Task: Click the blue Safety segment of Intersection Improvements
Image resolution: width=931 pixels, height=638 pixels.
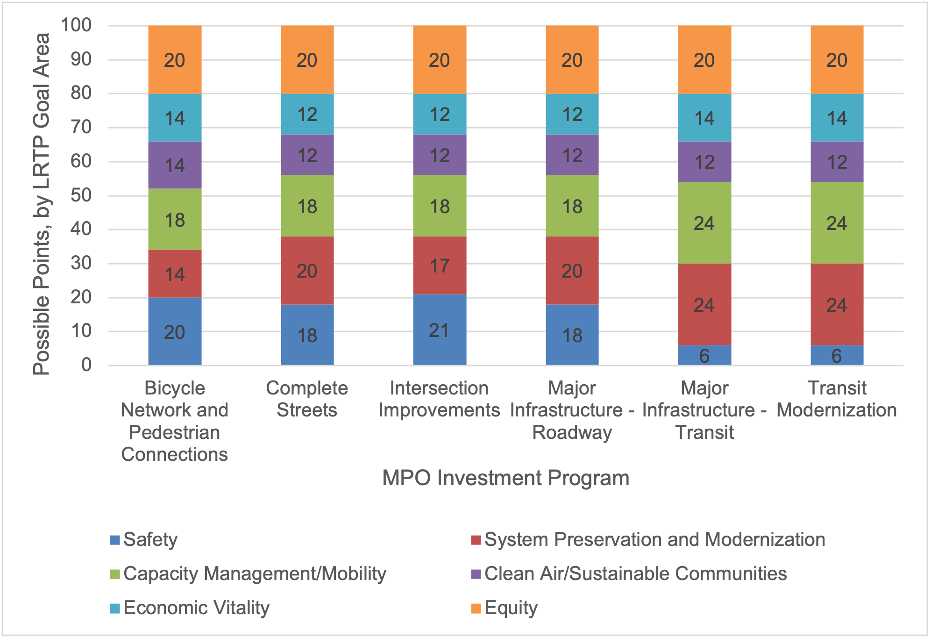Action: click(440, 330)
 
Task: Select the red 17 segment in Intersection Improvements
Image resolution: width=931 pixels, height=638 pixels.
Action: click(440, 265)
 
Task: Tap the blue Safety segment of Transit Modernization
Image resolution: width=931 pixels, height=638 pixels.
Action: click(837, 355)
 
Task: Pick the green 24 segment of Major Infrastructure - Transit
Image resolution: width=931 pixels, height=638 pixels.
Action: click(704, 223)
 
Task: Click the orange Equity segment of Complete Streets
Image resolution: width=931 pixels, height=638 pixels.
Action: click(307, 60)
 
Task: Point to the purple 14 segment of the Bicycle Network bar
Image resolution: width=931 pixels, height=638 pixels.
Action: click(175, 165)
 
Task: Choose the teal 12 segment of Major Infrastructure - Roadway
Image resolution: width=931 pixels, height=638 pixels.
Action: click(572, 114)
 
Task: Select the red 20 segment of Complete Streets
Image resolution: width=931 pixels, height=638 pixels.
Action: click(307, 271)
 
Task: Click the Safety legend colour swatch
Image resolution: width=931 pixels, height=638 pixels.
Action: click(115, 540)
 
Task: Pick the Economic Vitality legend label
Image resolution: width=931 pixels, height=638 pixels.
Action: click(196, 608)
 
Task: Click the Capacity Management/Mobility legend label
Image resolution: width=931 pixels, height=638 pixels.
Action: click(255, 573)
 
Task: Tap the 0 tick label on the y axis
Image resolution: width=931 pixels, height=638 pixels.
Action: click(86, 365)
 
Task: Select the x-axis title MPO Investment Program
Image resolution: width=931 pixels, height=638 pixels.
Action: click(505, 478)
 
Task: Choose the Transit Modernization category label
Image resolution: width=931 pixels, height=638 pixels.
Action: click(837, 399)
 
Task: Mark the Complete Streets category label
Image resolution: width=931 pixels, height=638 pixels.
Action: click(307, 399)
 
